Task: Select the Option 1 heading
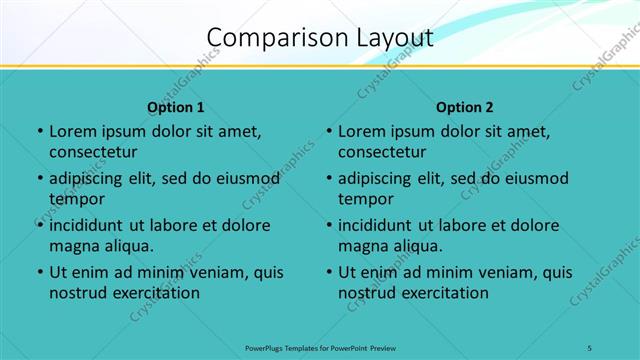tap(176, 107)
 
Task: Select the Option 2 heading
tap(465, 107)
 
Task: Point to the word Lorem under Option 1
tap(74, 131)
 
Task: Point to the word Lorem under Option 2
tap(363, 131)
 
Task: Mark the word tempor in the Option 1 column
tap(75, 199)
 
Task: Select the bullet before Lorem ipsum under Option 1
tap(40, 131)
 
